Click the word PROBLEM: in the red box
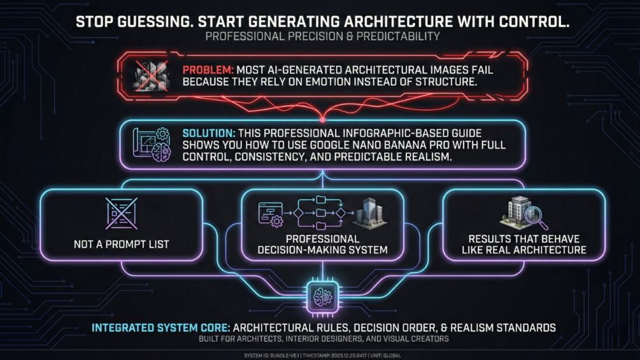click(x=208, y=70)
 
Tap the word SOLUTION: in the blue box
click(x=209, y=133)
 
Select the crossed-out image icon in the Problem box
click(x=152, y=76)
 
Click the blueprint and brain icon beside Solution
click(x=152, y=144)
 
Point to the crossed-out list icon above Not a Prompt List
click(x=122, y=214)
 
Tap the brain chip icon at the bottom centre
click(x=322, y=297)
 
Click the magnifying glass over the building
click(x=536, y=217)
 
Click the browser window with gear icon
click(x=271, y=214)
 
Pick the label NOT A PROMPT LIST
click(x=121, y=245)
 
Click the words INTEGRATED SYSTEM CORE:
click(x=161, y=328)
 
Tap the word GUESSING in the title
click(x=155, y=22)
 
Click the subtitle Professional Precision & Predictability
click(x=322, y=37)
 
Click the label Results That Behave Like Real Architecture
click(x=523, y=244)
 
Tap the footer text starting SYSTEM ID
click(x=322, y=356)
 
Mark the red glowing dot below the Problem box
click(x=322, y=120)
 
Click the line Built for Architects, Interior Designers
click(x=324, y=339)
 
